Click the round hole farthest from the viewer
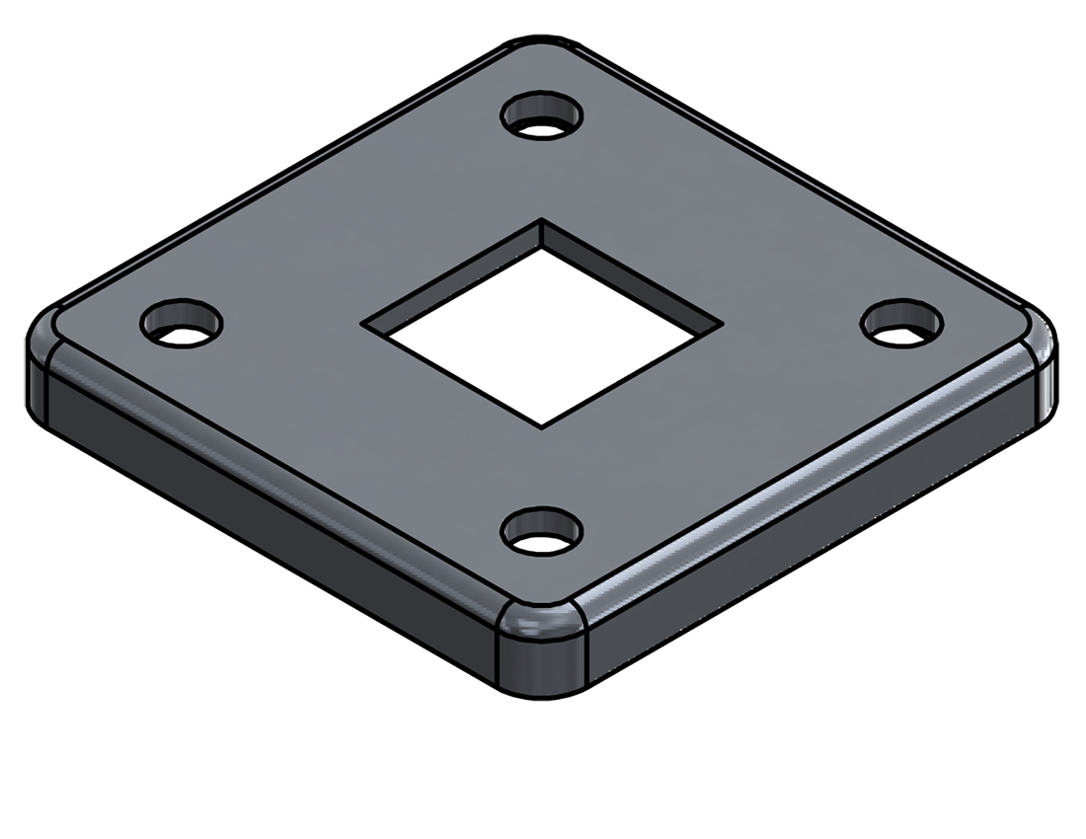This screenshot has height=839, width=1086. [x=542, y=116]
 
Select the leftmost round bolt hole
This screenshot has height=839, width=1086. [x=182, y=323]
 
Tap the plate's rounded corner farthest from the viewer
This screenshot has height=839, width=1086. [x=541, y=47]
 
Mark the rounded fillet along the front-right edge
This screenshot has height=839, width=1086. [x=810, y=474]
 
